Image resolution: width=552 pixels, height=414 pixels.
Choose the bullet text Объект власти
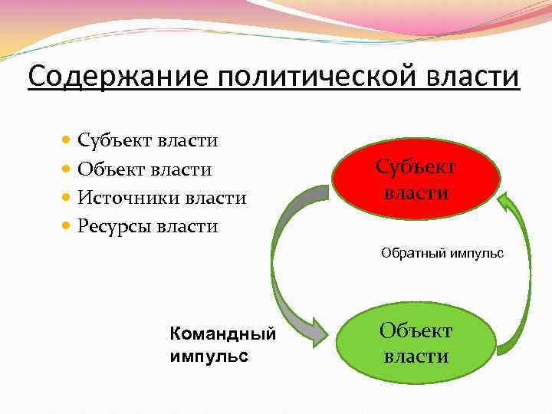click(x=145, y=169)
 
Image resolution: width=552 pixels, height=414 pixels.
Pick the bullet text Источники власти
click(x=162, y=198)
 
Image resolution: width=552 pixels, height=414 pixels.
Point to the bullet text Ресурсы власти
click(x=148, y=226)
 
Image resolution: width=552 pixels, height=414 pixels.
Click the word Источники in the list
click(x=127, y=198)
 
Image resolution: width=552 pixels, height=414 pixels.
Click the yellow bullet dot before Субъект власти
click(x=67, y=140)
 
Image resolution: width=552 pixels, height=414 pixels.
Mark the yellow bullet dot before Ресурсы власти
click(x=67, y=226)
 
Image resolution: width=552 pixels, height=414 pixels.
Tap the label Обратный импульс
click(x=442, y=253)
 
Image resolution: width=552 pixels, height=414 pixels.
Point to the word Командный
click(x=222, y=334)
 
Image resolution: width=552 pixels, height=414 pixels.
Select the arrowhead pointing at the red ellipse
click(x=507, y=201)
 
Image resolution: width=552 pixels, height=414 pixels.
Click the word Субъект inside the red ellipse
click(x=416, y=166)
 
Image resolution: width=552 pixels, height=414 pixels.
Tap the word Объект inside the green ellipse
click(x=417, y=331)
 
